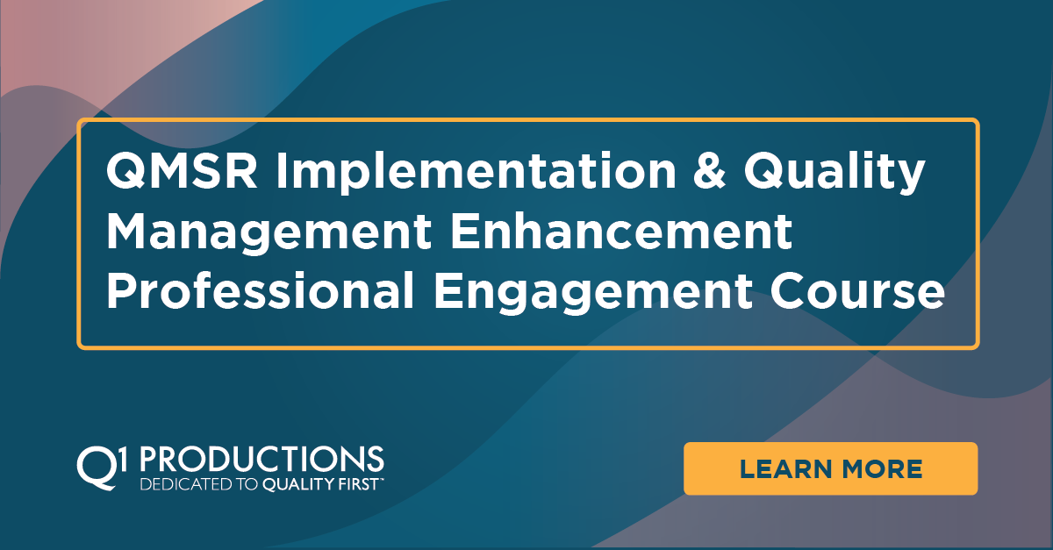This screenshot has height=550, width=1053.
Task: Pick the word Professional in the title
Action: [259, 293]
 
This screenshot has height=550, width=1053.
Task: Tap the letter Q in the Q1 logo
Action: [93, 464]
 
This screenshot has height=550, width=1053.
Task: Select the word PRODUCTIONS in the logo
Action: [261, 459]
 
